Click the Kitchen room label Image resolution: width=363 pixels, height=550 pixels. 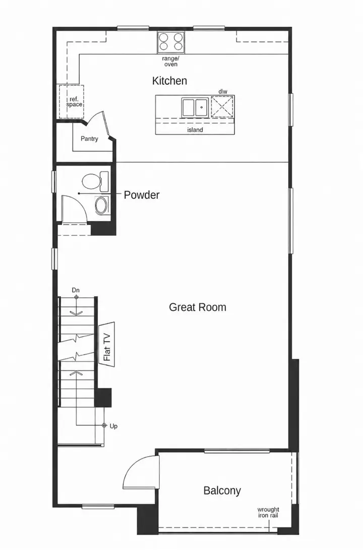[x=169, y=81]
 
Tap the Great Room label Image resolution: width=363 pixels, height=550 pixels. [x=198, y=307]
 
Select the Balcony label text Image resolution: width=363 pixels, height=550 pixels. [x=222, y=490]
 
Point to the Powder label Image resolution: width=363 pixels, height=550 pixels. [x=142, y=195]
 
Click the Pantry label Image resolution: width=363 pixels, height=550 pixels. [x=89, y=139]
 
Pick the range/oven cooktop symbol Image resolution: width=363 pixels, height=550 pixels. [x=170, y=41]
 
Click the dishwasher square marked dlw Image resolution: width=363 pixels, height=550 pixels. [x=222, y=106]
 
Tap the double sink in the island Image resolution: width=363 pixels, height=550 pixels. [x=195, y=108]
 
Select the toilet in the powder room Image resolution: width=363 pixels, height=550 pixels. [x=95, y=181]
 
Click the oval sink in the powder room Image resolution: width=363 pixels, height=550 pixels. [x=102, y=205]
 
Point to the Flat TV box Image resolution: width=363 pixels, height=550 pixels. [x=107, y=344]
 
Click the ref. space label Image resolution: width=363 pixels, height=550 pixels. [x=74, y=102]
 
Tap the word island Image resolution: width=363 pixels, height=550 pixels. [x=195, y=130]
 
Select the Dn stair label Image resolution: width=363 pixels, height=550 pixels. [x=76, y=290]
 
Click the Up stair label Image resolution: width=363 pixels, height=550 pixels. [x=113, y=426]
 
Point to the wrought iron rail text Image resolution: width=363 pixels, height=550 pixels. [x=268, y=513]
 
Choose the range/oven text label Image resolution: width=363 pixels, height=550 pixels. [x=170, y=62]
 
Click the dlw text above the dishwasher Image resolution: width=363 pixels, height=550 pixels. [x=223, y=91]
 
